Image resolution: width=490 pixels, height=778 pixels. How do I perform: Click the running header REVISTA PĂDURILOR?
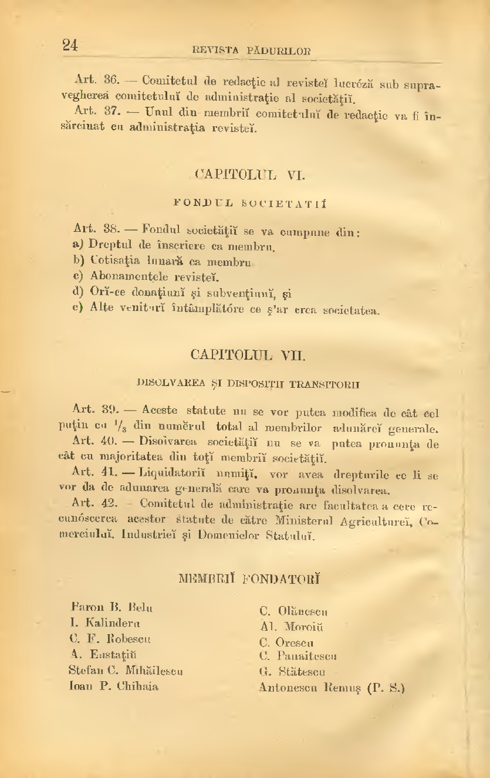pos(252,51)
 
